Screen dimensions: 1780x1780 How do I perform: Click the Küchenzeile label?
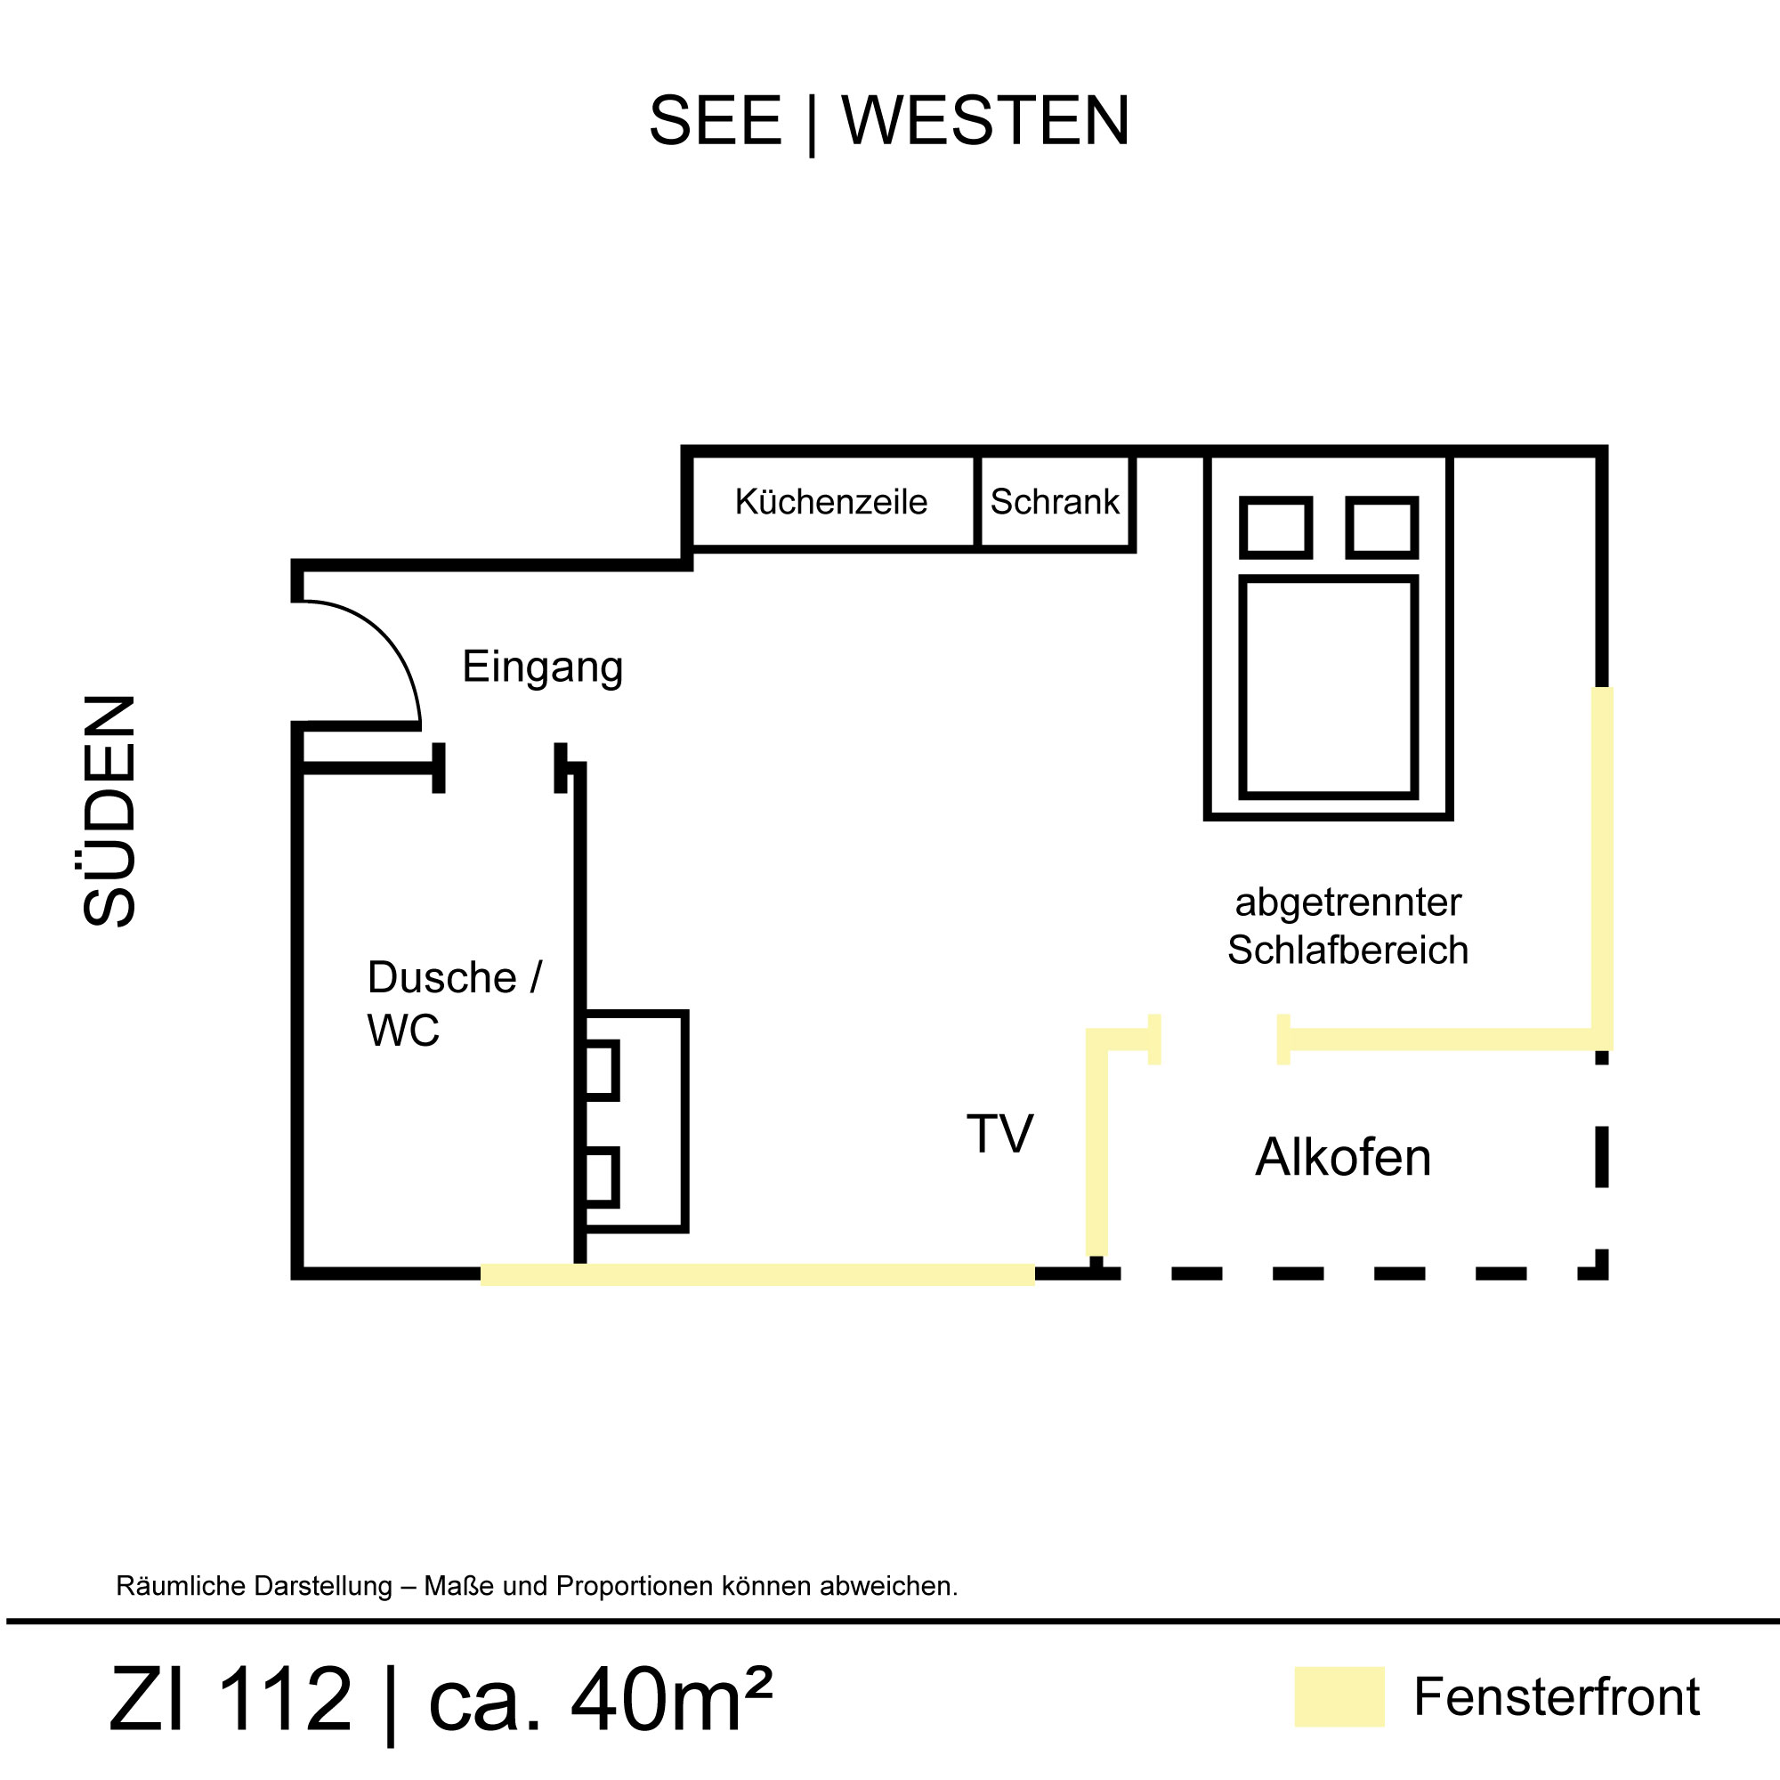click(x=830, y=502)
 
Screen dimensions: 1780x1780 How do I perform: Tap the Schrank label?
click(x=1054, y=502)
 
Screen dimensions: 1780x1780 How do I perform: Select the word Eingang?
click(x=542, y=667)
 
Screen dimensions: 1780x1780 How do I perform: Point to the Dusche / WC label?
click(x=453, y=1003)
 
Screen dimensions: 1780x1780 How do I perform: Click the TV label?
click(x=999, y=1134)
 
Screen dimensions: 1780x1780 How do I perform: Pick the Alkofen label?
click(x=1342, y=1158)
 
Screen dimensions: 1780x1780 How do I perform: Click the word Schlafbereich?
click(x=1347, y=951)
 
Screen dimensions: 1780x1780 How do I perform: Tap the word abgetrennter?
click(x=1347, y=902)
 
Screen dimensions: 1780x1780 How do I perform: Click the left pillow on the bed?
click(x=1275, y=528)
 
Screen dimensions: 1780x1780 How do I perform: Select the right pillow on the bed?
click(x=1381, y=528)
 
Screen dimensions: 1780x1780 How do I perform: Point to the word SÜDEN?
click(x=109, y=810)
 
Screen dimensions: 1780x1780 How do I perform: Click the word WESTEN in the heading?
click(x=985, y=121)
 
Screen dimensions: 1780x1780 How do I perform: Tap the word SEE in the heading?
click(x=715, y=121)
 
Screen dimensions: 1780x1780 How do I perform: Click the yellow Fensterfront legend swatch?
click(x=1339, y=1696)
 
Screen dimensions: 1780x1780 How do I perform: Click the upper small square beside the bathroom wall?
click(x=601, y=1070)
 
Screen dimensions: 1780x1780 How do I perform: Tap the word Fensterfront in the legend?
click(x=1556, y=1697)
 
